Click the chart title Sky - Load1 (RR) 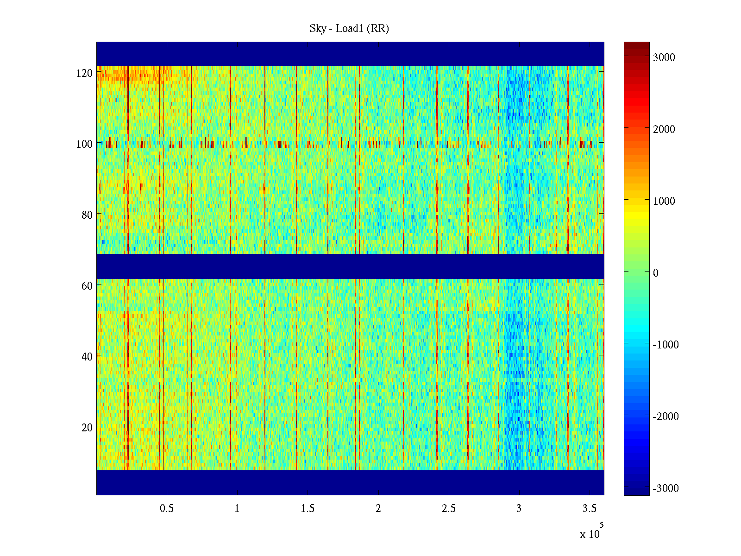coord(349,29)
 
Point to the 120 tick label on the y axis coord(84,73)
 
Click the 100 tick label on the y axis coord(84,144)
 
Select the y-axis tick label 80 coord(87,215)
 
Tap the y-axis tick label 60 coord(87,286)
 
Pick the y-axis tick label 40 coord(87,357)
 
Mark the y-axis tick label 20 coord(87,428)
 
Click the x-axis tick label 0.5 coord(167,509)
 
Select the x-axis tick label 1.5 coord(308,509)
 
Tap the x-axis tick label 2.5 coord(449,509)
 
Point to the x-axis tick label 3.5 coord(590,509)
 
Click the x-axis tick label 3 coord(519,509)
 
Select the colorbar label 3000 coord(664,57)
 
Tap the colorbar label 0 coord(655,273)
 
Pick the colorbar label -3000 coord(666,488)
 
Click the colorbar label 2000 coord(664,129)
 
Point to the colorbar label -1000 coord(666,345)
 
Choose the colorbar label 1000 coord(664,201)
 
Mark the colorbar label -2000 coord(666,417)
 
